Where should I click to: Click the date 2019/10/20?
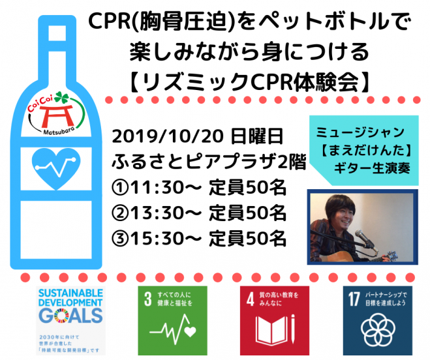click(x=167, y=136)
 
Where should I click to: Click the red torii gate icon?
click(x=57, y=115)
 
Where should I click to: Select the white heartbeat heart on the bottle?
click(x=56, y=168)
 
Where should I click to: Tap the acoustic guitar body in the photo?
click(x=337, y=256)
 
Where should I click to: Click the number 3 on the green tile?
click(x=148, y=299)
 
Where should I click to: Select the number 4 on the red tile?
click(x=250, y=299)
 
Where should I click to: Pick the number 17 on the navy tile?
click(x=354, y=299)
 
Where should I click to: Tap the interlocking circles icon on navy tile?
click(x=378, y=330)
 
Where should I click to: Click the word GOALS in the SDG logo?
click(x=70, y=316)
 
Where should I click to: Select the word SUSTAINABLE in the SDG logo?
click(x=70, y=293)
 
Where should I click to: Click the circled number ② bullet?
click(x=120, y=213)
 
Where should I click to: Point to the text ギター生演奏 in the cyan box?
click(x=372, y=168)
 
